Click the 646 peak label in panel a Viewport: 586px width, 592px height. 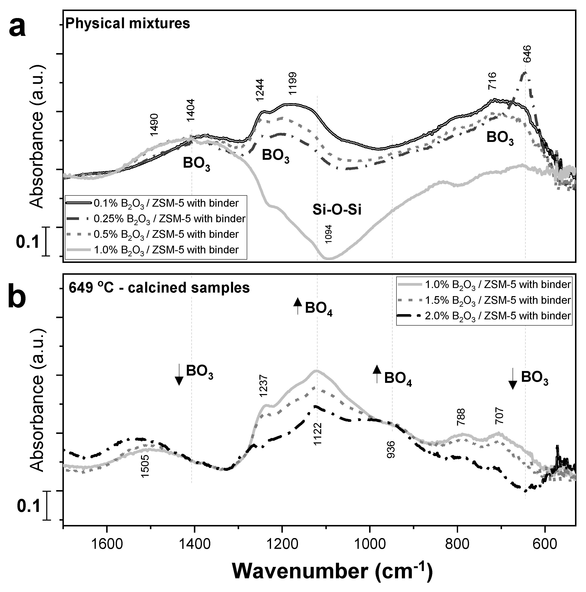527,54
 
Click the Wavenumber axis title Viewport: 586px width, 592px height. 332,571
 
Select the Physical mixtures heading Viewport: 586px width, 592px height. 128,24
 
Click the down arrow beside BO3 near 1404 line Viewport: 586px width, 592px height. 179,375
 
